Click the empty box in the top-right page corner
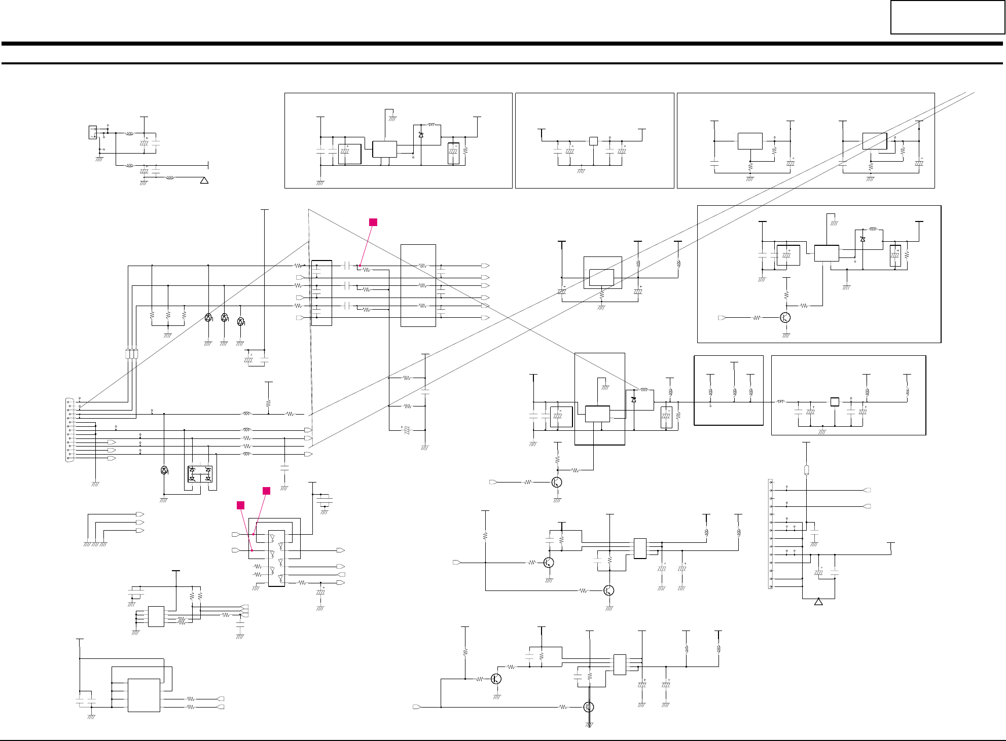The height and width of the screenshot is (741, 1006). [x=947, y=17]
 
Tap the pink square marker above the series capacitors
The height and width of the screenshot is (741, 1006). [x=373, y=222]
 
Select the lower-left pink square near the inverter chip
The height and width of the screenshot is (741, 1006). [x=241, y=505]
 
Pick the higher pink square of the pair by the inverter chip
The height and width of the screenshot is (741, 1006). [x=266, y=491]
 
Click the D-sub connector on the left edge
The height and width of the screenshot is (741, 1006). [x=69, y=430]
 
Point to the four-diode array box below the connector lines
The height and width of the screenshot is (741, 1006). [x=200, y=474]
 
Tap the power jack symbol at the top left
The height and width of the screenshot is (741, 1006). [x=93, y=132]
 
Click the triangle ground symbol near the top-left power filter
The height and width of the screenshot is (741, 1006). [x=204, y=180]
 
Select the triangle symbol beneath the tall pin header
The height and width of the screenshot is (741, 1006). [x=818, y=602]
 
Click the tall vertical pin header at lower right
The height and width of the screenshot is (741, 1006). [x=771, y=534]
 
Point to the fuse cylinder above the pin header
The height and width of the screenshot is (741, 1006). [x=806, y=470]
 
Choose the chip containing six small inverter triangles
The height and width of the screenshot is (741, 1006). [x=276, y=558]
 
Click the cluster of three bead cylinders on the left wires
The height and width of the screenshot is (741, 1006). [x=131, y=354]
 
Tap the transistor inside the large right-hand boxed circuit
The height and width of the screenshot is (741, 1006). [x=785, y=318]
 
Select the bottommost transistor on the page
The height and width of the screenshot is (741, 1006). [x=588, y=707]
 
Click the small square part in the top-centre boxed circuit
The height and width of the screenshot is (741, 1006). [x=593, y=141]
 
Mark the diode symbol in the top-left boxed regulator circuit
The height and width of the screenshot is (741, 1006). [x=421, y=134]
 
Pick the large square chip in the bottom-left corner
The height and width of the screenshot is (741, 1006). [x=144, y=695]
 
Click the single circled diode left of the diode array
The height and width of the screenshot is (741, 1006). [x=164, y=470]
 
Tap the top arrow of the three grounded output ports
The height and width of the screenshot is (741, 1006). [x=140, y=514]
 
